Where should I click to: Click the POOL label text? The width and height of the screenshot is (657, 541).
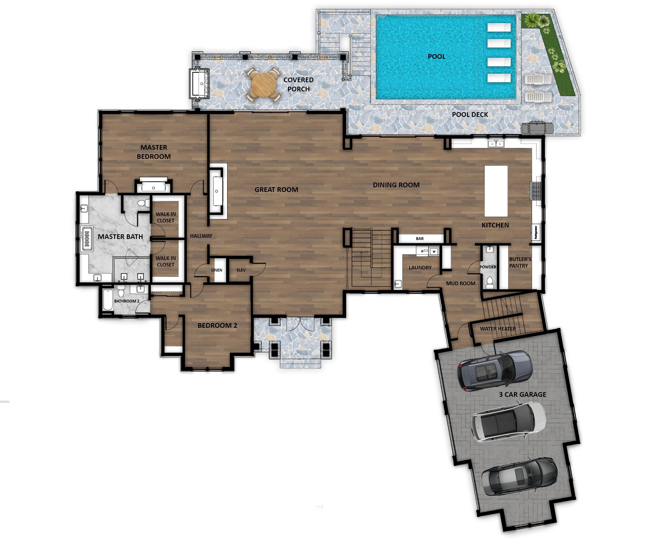(x=436, y=56)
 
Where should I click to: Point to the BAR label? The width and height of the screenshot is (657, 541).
(x=419, y=239)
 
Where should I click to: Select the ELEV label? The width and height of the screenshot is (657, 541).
(x=241, y=270)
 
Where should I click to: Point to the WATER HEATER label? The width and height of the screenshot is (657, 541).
(x=498, y=329)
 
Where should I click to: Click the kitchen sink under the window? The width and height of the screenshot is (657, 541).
(x=495, y=143)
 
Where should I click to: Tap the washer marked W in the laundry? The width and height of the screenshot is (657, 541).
(x=434, y=251)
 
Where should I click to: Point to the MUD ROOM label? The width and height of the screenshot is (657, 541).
(x=460, y=283)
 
